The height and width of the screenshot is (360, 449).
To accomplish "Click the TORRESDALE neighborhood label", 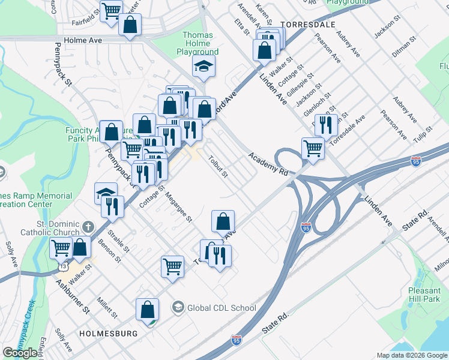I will tap(306, 24).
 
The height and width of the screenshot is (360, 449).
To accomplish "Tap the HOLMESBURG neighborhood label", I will tap(106, 333).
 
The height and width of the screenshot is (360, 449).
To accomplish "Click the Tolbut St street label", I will tap(217, 167).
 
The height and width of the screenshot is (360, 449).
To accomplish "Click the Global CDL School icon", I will tap(178, 308).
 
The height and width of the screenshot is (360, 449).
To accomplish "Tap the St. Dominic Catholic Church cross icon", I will tap(88, 227).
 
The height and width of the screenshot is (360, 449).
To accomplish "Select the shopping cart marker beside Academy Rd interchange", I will tap(313, 147).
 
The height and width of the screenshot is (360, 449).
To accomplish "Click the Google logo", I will tap(20, 353).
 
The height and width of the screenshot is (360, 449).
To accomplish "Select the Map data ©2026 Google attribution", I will tap(411, 355).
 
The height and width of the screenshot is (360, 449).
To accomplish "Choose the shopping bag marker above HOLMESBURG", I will tap(147, 310).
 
